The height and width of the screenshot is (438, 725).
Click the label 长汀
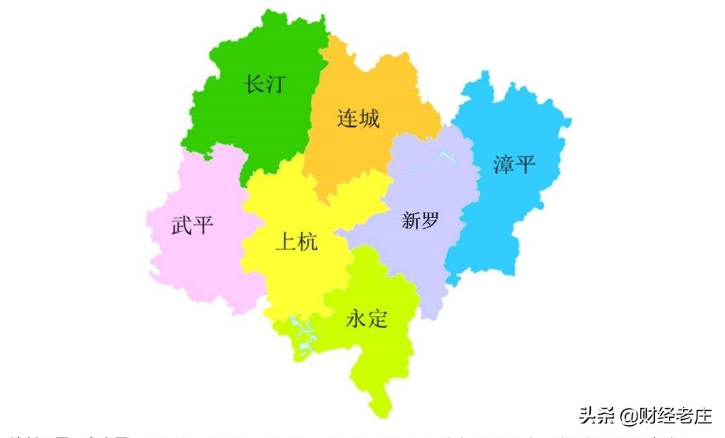[264, 84]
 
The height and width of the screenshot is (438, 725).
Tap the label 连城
[358, 119]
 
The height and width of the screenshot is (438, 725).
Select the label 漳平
[514, 164]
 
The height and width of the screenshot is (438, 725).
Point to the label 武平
[192, 225]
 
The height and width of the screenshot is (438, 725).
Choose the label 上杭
[296, 242]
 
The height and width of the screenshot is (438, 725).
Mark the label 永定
[367, 319]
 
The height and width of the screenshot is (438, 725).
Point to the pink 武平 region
[196, 263]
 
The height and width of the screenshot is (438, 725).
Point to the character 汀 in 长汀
[275, 84]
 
